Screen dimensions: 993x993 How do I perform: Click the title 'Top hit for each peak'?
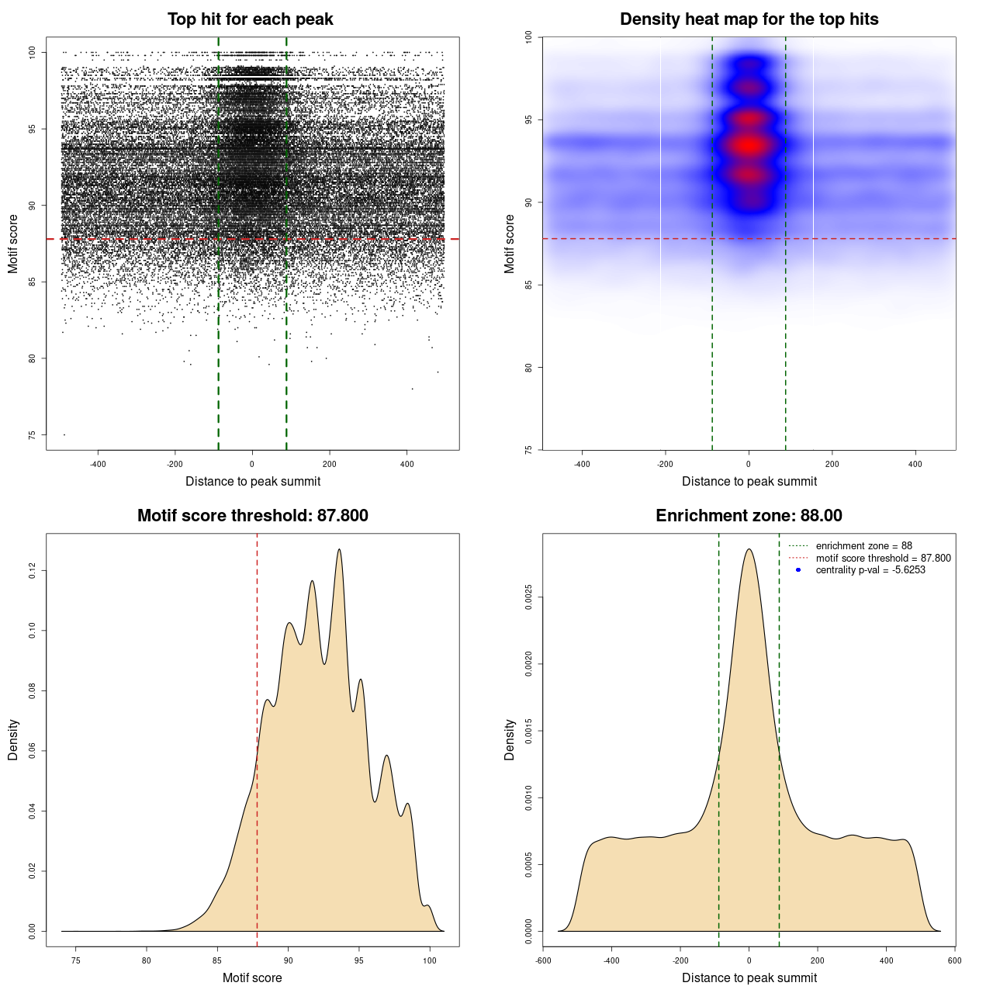click(x=250, y=19)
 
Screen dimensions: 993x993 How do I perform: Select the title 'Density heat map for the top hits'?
click(x=749, y=19)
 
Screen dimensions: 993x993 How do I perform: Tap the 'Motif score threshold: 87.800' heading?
click(x=252, y=516)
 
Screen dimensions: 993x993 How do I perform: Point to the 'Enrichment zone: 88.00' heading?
click(x=749, y=516)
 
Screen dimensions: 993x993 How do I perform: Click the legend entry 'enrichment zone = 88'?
click(x=863, y=546)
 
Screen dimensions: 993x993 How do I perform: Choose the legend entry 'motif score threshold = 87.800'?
click(x=883, y=558)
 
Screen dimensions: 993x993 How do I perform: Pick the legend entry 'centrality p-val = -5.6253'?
click(x=870, y=570)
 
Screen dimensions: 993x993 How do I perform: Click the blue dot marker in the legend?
click(x=798, y=570)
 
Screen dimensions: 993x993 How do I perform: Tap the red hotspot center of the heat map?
click(x=749, y=145)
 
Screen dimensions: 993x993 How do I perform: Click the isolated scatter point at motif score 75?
click(x=64, y=434)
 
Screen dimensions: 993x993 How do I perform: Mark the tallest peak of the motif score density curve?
click(x=339, y=549)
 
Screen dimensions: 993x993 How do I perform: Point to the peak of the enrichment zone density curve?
click(x=749, y=549)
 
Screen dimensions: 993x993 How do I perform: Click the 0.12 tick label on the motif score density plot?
click(x=32, y=571)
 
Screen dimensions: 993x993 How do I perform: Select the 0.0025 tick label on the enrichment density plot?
click(x=528, y=597)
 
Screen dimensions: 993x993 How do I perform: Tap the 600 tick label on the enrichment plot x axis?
click(x=954, y=960)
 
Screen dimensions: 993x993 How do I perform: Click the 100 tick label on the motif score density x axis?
click(x=430, y=960)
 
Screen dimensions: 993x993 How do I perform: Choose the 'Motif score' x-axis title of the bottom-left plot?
click(x=252, y=977)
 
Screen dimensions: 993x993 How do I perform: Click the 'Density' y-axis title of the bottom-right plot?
click(x=510, y=739)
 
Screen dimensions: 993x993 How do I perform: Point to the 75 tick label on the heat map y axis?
click(x=528, y=449)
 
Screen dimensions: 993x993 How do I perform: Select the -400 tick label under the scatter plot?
click(x=99, y=464)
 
